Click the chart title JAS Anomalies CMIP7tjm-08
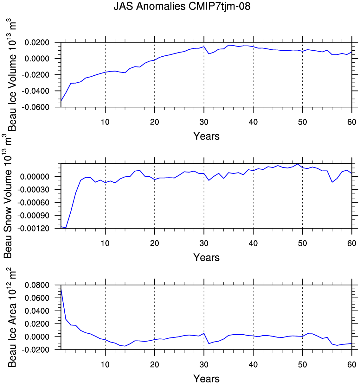[182, 6]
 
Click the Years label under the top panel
[206, 136]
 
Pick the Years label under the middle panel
[206, 257]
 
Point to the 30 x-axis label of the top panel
[204, 122]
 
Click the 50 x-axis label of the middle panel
[303, 243]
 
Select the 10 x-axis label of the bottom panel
[105, 364]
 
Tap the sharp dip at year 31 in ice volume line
[209, 54]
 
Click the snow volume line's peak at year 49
[298, 164]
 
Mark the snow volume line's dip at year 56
[332, 182]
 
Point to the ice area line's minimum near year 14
[125, 346]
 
